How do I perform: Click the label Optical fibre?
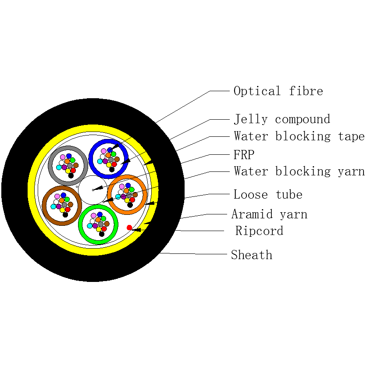pyautogui.click(x=278, y=91)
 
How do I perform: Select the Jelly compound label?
pyautogui.click(x=282, y=119)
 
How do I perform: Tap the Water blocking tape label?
pyautogui.click(x=299, y=136)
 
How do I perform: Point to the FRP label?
pyautogui.click(x=244, y=154)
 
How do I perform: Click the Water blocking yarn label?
pyautogui.click(x=299, y=171)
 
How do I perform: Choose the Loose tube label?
pyautogui.click(x=268, y=195)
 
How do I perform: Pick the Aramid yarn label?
pyautogui.click(x=269, y=214)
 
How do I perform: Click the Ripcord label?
pyautogui.click(x=259, y=231)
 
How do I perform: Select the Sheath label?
pyautogui.click(x=252, y=255)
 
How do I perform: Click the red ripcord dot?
pyautogui.click(x=129, y=228)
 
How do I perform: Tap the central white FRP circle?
pyautogui.click(x=93, y=190)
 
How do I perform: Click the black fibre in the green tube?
pyautogui.click(x=102, y=234)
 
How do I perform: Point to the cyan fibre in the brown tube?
pyautogui.click(x=53, y=207)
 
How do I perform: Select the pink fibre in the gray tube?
pyautogui.click(x=63, y=157)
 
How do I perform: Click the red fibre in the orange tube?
pyautogui.click(x=132, y=200)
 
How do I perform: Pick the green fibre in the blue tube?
pyautogui.click(x=114, y=154)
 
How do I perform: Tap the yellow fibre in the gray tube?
pyautogui.click(x=68, y=171)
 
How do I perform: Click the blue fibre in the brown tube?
pyautogui.click(x=64, y=195)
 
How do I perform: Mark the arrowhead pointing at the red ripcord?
pyautogui.click(x=136, y=230)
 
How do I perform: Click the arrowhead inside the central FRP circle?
pyautogui.click(x=98, y=188)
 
